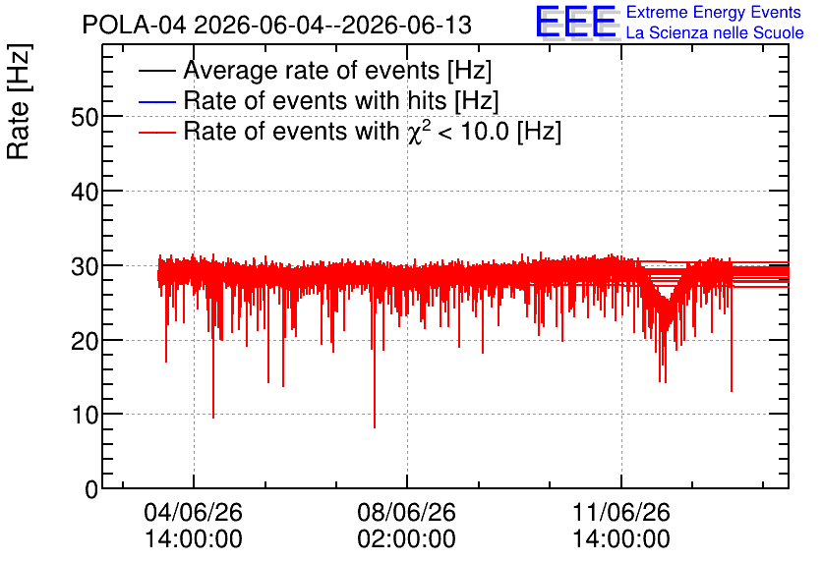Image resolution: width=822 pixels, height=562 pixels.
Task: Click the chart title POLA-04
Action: pyautogui.click(x=134, y=25)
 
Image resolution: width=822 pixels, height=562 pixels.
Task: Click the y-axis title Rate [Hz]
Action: pyautogui.click(x=19, y=101)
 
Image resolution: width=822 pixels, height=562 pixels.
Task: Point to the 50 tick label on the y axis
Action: pyautogui.click(x=85, y=117)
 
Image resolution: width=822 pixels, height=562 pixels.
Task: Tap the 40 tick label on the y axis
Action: pyautogui.click(x=85, y=192)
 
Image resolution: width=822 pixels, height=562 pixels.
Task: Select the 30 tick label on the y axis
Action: pyautogui.click(x=85, y=266)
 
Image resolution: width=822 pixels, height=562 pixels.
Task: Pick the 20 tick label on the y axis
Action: pyautogui.click(x=85, y=342)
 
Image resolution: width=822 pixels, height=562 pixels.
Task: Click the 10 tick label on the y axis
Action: pyautogui.click(x=85, y=416)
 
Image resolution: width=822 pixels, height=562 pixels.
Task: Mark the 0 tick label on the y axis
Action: pyautogui.click(x=91, y=489)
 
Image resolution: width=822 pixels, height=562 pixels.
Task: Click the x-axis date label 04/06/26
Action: pyautogui.click(x=194, y=512)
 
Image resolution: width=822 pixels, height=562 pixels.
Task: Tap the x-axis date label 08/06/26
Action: pyautogui.click(x=407, y=512)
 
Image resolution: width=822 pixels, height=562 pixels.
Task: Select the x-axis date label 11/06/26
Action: pyautogui.click(x=621, y=512)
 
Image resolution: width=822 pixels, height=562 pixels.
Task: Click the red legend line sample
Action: pyautogui.click(x=156, y=133)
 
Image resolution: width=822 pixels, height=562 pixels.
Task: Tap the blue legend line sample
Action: pyautogui.click(x=156, y=101)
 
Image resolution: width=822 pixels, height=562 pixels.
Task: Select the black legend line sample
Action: pyautogui.click(x=156, y=71)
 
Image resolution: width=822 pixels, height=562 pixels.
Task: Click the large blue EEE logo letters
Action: pyautogui.click(x=576, y=22)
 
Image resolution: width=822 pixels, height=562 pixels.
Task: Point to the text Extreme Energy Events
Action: pyautogui.click(x=714, y=12)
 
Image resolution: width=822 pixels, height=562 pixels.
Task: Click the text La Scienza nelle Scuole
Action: pyautogui.click(x=715, y=33)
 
